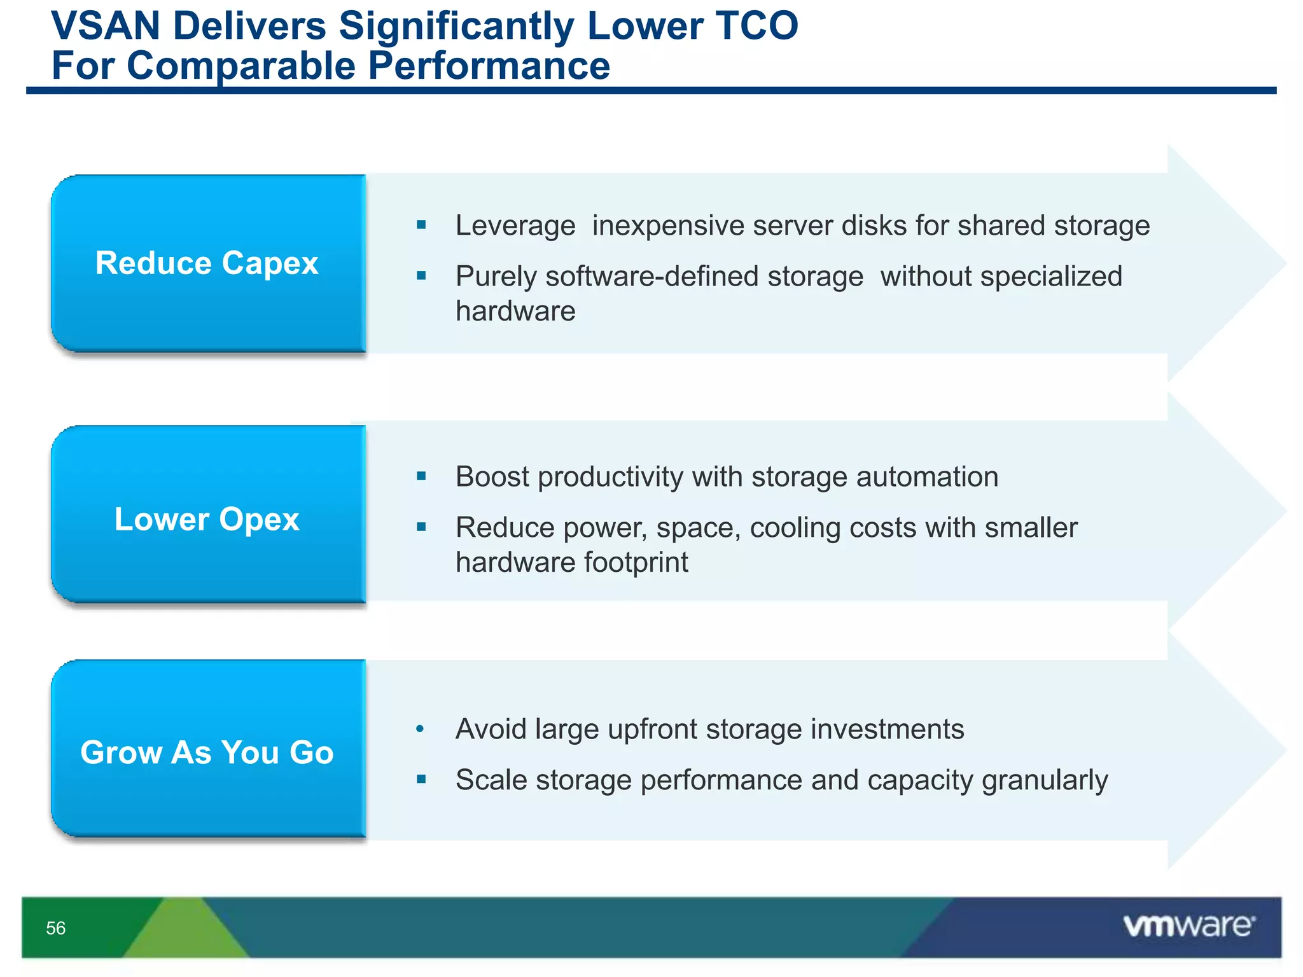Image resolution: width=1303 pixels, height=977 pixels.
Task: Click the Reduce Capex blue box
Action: pyautogui.click(x=207, y=263)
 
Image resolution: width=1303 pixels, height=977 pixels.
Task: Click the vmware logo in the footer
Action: pyautogui.click(x=1188, y=925)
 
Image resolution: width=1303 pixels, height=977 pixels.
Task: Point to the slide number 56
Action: pyautogui.click(x=56, y=928)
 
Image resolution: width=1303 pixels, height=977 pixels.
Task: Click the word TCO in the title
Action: pyautogui.click(x=756, y=27)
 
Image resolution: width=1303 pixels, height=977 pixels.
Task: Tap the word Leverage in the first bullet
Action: pyautogui.click(x=515, y=226)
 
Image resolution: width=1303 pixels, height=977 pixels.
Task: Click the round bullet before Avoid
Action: pyautogui.click(x=420, y=729)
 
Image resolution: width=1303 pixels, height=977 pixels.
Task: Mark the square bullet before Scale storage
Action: pyautogui.click(x=421, y=779)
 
